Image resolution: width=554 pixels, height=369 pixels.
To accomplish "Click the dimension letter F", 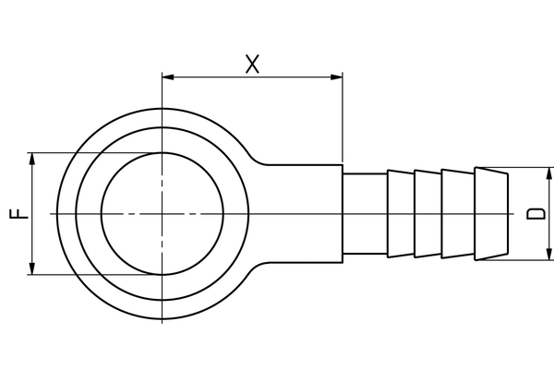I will click(18, 213).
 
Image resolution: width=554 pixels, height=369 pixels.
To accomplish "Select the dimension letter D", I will click(536, 213).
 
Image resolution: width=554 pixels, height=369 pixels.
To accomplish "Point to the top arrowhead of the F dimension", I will click(33, 160).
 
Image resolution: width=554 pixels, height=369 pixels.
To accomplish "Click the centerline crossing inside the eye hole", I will click(162, 213).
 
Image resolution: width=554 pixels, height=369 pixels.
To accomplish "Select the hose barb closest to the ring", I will click(400, 213).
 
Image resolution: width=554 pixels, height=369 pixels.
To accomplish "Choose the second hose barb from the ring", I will click(428, 213).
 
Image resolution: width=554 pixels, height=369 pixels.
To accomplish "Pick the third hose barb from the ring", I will click(457, 213).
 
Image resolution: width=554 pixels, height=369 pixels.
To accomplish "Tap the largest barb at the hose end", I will click(490, 213).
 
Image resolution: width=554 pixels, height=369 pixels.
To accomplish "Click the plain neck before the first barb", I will click(364, 213).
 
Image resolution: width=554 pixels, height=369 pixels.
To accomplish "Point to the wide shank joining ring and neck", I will click(305, 213).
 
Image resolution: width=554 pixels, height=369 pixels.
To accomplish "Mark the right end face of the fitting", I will click(507, 213).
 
